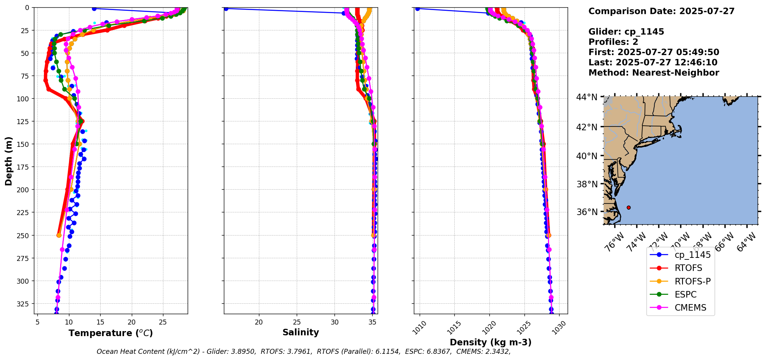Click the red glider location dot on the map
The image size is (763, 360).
pos(629,207)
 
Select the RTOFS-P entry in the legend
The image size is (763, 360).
pos(692,281)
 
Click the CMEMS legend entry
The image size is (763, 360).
pos(690,308)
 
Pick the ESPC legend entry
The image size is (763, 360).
pos(685,294)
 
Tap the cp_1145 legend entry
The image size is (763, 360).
pos(692,255)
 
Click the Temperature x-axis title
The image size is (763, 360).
pos(111,333)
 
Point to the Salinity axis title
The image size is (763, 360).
pos(301,332)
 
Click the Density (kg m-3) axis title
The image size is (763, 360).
pos(491,342)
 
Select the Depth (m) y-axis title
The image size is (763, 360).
pos(8,161)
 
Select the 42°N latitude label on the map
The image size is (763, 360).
pos(587,127)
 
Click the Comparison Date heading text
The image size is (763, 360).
pos(661,11)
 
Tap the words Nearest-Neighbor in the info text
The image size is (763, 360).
pos(675,73)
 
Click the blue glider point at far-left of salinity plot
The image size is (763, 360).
pos(226,8)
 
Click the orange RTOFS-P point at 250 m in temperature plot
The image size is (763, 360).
pos(59,235)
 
